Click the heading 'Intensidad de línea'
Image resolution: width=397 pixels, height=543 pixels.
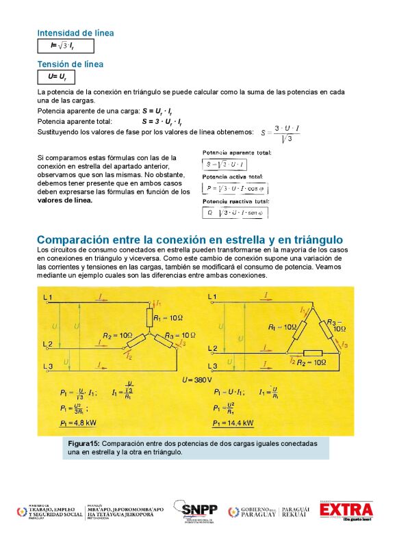click(75, 33)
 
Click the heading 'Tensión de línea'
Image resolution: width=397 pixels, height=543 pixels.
click(70, 64)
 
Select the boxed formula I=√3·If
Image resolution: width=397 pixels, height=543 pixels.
click(66, 46)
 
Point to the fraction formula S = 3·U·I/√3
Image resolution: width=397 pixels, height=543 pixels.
click(281, 133)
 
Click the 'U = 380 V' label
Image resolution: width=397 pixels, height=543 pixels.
click(197, 379)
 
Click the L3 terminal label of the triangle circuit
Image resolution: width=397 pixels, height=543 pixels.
click(212, 367)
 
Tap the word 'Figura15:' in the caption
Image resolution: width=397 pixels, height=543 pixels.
click(84, 443)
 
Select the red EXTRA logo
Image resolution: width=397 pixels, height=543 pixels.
click(347, 510)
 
